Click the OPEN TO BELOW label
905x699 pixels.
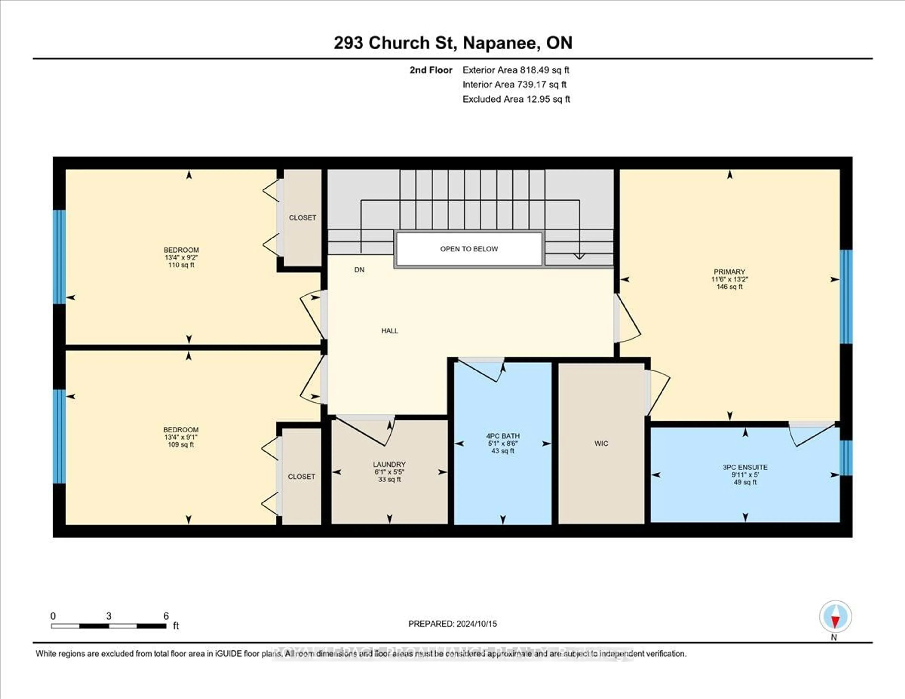tap(469, 249)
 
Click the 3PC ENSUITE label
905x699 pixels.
tap(745, 467)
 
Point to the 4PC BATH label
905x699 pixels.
tap(503, 436)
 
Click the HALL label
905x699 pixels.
tap(390, 331)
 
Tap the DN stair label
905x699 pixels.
tap(359, 270)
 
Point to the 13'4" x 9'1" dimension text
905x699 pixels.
tap(181, 437)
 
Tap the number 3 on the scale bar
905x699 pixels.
tap(109, 616)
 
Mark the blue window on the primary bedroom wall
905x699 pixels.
tap(846, 297)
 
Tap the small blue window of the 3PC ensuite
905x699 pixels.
tap(846, 458)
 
